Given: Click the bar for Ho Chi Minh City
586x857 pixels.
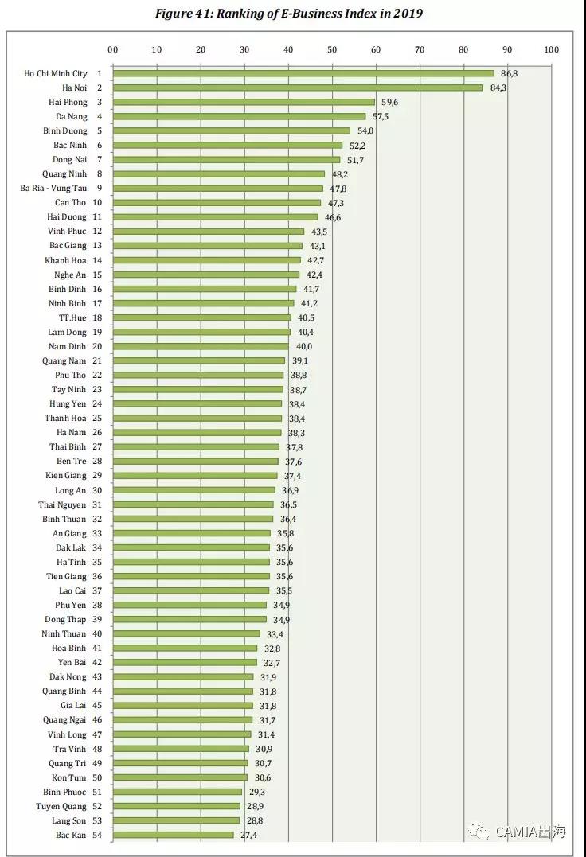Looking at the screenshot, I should pos(303,73).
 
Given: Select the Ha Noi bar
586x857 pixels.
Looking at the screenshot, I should pos(297,88).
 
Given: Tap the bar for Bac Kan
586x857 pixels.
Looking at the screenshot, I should pos(173,835).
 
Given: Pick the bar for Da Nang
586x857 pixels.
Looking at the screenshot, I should pos(238,116).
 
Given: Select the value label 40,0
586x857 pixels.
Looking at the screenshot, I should pos(303,346).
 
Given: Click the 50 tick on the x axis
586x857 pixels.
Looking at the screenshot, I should pos(332,49).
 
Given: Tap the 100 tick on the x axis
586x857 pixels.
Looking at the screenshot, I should pos(551,49).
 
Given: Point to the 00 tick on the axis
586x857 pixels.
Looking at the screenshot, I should pos(112,49).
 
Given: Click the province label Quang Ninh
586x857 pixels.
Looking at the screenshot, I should pos(64,173).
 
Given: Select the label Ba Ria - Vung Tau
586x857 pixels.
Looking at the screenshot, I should pos(53,188).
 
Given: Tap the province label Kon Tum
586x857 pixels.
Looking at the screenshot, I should pos(69,777).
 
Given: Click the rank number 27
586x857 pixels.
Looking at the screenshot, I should pos(97,446).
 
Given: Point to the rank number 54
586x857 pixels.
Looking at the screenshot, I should pos(97,835).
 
